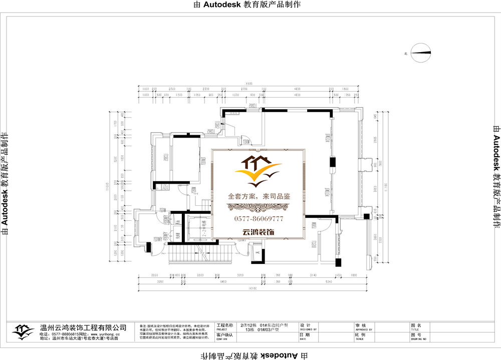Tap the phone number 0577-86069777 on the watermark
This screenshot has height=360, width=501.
click(259, 219)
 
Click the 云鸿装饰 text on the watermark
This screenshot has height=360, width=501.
click(259, 232)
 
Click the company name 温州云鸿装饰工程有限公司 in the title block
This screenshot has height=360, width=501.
click(83, 327)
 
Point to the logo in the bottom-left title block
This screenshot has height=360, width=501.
click(22, 330)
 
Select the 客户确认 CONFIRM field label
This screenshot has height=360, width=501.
click(225, 335)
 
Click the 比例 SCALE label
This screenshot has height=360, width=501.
click(360, 335)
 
